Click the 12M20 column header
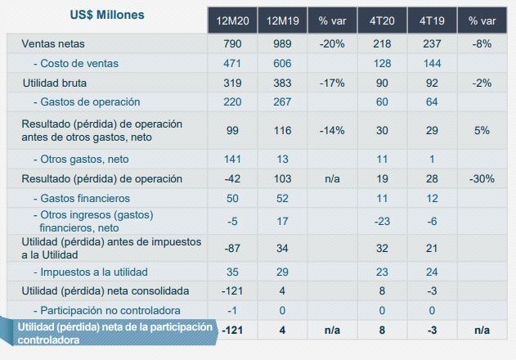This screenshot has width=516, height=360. (x=231, y=19)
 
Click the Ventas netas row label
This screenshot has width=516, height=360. (x=53, y=43)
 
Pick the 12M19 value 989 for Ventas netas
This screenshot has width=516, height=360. (x=280, y=43)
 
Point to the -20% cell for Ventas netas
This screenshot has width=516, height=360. (x=330, y=43)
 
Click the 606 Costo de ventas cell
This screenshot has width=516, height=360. (x=280, y=63)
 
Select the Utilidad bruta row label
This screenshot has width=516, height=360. (x=55, y=83)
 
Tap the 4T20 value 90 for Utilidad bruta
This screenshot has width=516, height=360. (x=382, y=83)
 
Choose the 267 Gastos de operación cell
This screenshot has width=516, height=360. (x=280, y=102)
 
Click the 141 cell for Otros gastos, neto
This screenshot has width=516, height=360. (x=231, y=159)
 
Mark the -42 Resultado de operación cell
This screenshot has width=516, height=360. (x=231, y=178)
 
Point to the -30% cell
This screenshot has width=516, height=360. (x=482, y=178)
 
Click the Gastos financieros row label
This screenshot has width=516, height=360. (x=81, y=198)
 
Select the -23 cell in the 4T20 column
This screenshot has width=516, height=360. (x=382, y=221)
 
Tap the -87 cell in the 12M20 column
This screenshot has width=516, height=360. (x=231, y=248)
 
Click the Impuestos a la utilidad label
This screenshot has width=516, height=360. (x=90, y=272)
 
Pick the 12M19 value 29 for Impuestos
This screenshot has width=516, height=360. (x=280, y=272)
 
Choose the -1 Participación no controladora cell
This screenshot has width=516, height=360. (x=231, y=310)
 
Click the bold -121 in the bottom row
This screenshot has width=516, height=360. (x=231, y=329)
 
